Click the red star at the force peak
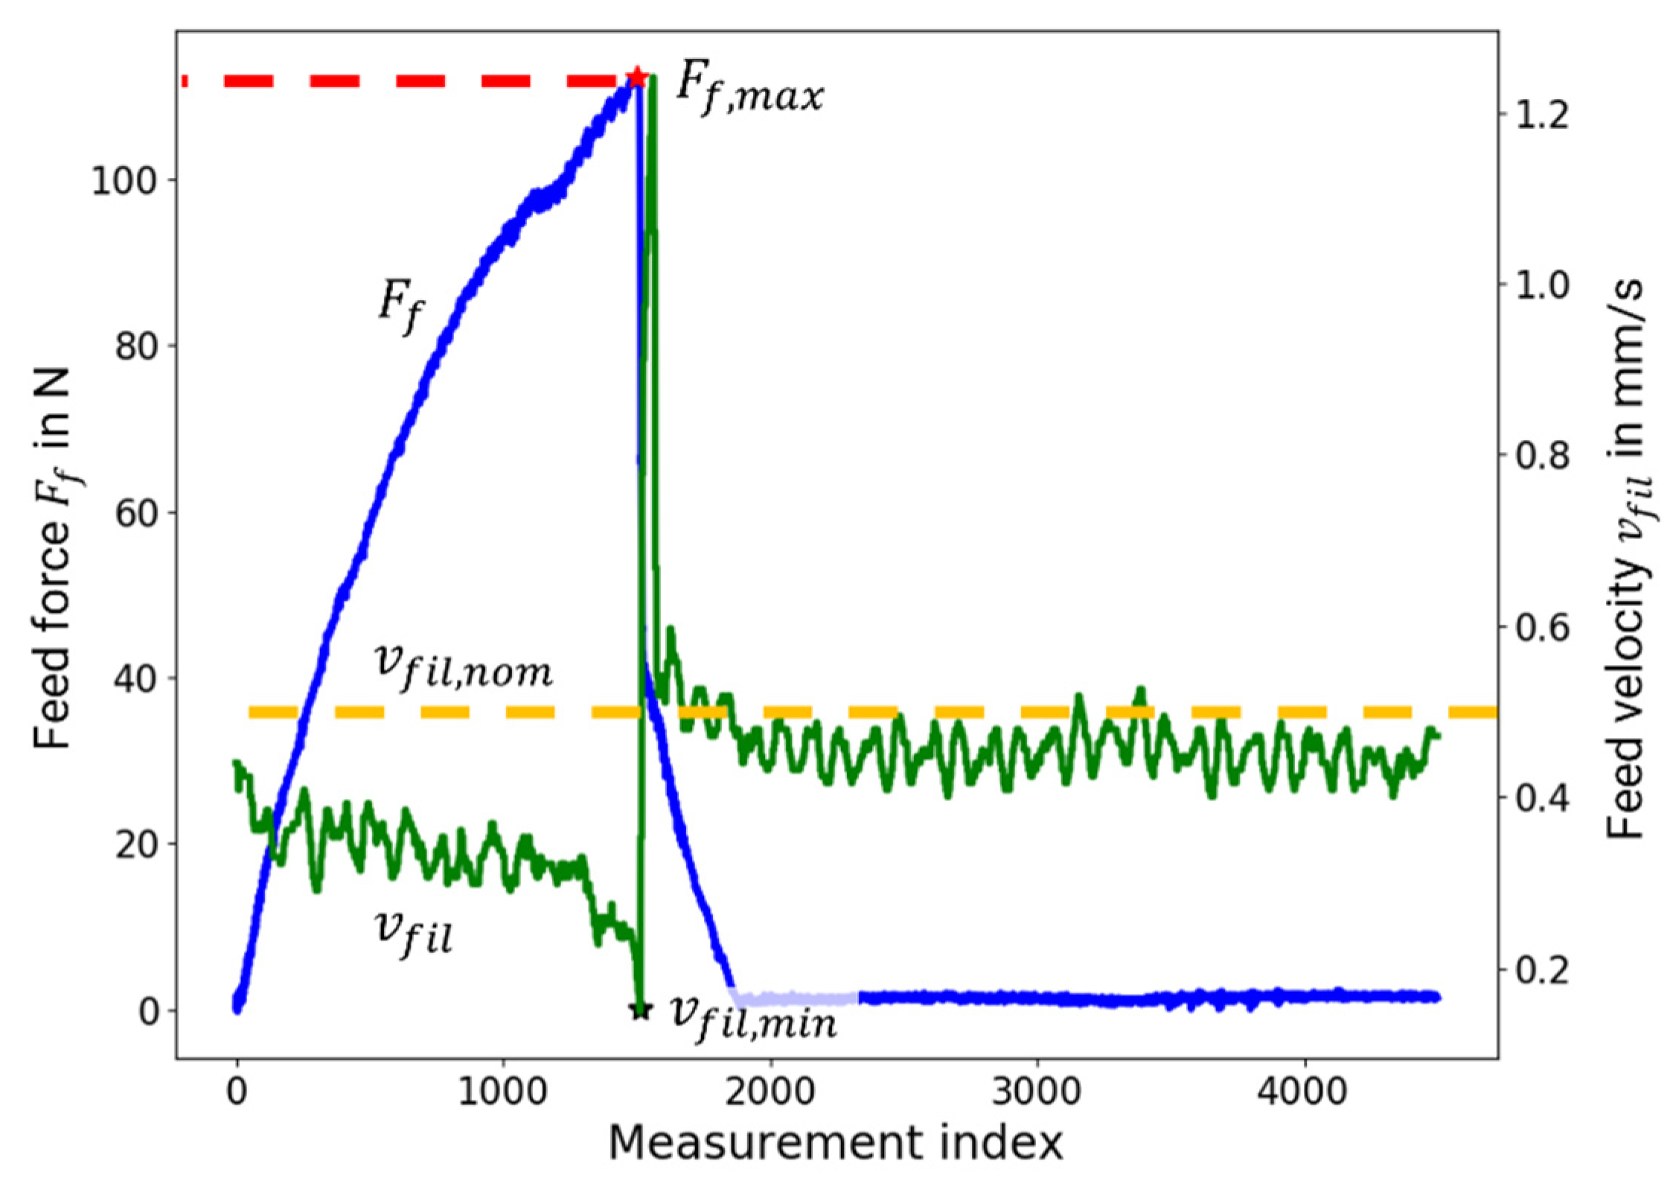pos(636,77)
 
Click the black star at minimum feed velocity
pos(641,1010)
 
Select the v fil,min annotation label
pos(752,1018)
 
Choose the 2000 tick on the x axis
pos(770,1092)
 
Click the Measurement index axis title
pos(835,1143)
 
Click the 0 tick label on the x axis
pos(237,1092)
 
